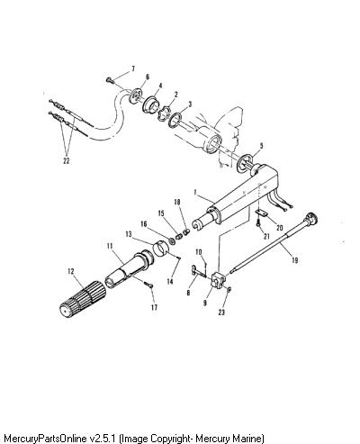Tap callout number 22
(x=67, y=160)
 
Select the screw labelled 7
(x=109, y=80)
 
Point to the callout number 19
(x=294, y=260)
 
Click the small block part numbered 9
(x=218, y=280)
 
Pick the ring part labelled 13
(x=161, y=249)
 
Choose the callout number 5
(x=262, y=146)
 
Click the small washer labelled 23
(x=229, y=289)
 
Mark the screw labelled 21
(x=258, y=224)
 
